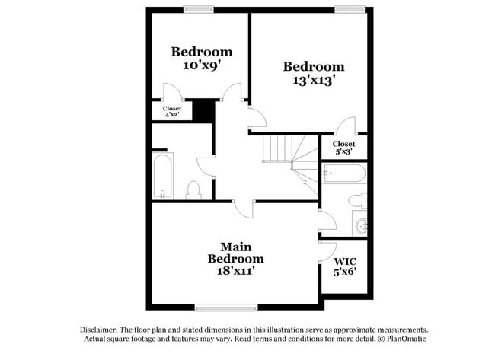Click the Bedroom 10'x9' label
201,59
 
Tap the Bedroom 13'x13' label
313,72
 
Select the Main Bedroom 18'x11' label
236,258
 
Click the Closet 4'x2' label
172,112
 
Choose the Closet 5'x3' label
343,147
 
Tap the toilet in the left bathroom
193,190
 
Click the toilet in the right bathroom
356,200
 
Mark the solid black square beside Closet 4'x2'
202,110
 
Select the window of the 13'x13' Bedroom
350,9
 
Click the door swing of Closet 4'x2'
171,96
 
